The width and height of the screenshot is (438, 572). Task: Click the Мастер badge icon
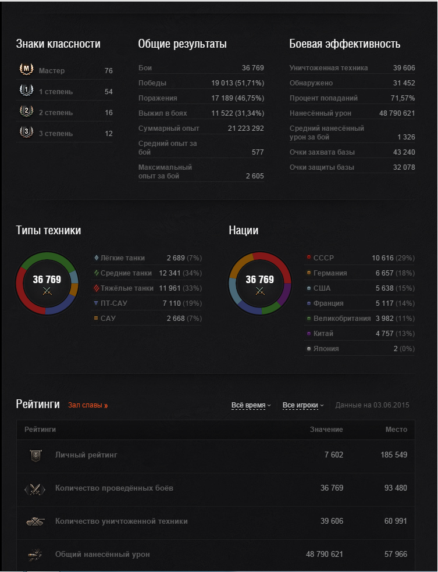click(26, 70)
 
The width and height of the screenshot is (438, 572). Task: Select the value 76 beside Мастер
click(108, 71)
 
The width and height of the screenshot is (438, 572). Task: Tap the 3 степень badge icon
click(26, 133)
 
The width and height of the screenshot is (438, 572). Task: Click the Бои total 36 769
click(252, 68)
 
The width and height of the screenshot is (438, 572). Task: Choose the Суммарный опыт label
click(169, 128)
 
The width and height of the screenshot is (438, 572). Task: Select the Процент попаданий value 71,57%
click(403, 98)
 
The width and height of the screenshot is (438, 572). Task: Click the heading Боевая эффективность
click(344, 44)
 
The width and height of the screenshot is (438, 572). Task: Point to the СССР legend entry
click(323, 258)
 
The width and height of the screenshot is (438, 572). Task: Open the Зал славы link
click(87, 405)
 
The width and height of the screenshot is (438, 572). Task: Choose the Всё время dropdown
click(251, 405)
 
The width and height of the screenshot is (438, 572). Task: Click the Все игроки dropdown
click(302, 405)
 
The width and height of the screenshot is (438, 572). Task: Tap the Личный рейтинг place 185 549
click(394, 455)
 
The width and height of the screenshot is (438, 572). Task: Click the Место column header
click(396, 430)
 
